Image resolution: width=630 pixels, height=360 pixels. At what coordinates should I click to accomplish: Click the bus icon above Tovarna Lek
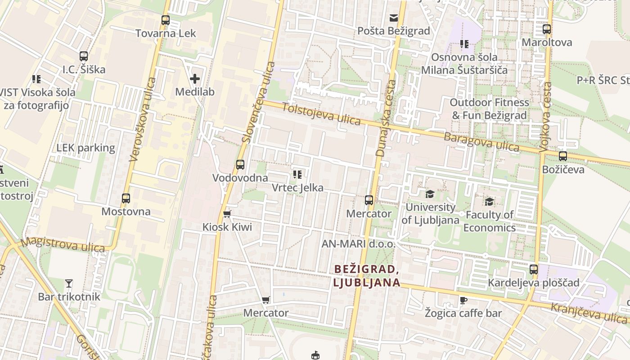click(x=166, y=20)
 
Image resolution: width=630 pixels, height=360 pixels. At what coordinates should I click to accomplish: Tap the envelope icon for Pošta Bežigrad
click(x=394, y=18)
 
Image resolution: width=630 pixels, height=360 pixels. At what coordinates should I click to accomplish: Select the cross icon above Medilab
click(x=195, y=79)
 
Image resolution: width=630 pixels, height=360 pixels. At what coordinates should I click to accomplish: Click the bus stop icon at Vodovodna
click(x=240, y=165)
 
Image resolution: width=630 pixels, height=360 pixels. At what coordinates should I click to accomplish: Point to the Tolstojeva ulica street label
click(x=321, y=114)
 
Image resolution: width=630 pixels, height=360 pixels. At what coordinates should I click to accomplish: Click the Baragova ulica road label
click(x=481, y=142)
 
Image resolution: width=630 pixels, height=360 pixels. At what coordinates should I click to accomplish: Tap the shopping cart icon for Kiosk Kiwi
click(x=227, y=214)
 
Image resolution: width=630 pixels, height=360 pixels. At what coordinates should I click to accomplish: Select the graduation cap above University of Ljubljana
click(x=430, y=194)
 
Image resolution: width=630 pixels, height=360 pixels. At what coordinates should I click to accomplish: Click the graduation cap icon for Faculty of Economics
click(x=489, y=202)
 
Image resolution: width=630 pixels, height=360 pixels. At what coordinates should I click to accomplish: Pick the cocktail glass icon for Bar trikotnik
click(x=69, y=283)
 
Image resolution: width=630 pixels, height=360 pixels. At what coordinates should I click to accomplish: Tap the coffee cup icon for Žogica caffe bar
click(x=463, y=300)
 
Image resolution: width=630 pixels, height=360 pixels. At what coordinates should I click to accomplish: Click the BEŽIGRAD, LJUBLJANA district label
click(x=367, y=276)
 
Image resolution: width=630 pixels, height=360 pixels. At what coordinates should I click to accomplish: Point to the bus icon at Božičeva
click(x=563, y=156)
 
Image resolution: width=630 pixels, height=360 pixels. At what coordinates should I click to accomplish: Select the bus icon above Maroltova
click(x=547, y=29)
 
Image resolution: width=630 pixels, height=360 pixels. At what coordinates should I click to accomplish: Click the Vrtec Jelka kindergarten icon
click(x=297, y=175)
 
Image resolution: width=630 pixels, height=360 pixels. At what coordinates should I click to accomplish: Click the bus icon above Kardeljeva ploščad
click(x=534, y=270)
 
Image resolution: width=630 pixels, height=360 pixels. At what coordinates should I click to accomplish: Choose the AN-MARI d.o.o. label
click(x=358, y=244)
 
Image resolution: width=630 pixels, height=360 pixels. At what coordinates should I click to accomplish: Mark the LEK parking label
click(x=85, y=148)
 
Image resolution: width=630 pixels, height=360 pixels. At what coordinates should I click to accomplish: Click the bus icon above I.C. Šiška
click(x=84, y=56)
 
